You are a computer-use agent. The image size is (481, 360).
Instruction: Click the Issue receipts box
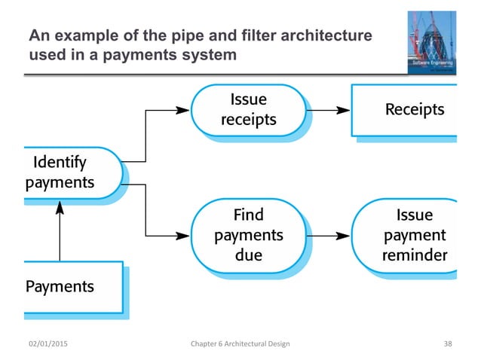tap(247, 110)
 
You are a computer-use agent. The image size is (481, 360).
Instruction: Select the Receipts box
tap(405, 110)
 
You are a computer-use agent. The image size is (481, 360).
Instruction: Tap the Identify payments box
tap(72, 172)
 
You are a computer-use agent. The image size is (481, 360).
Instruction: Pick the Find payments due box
tap(248, 234)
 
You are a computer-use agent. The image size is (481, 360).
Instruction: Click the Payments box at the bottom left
tap(72, 286)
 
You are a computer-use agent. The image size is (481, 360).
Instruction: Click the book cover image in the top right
tap(431, 42)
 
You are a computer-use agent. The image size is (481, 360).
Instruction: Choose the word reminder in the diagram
tap(415, 255)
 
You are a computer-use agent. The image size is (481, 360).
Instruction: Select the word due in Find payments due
tap(249, 255)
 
